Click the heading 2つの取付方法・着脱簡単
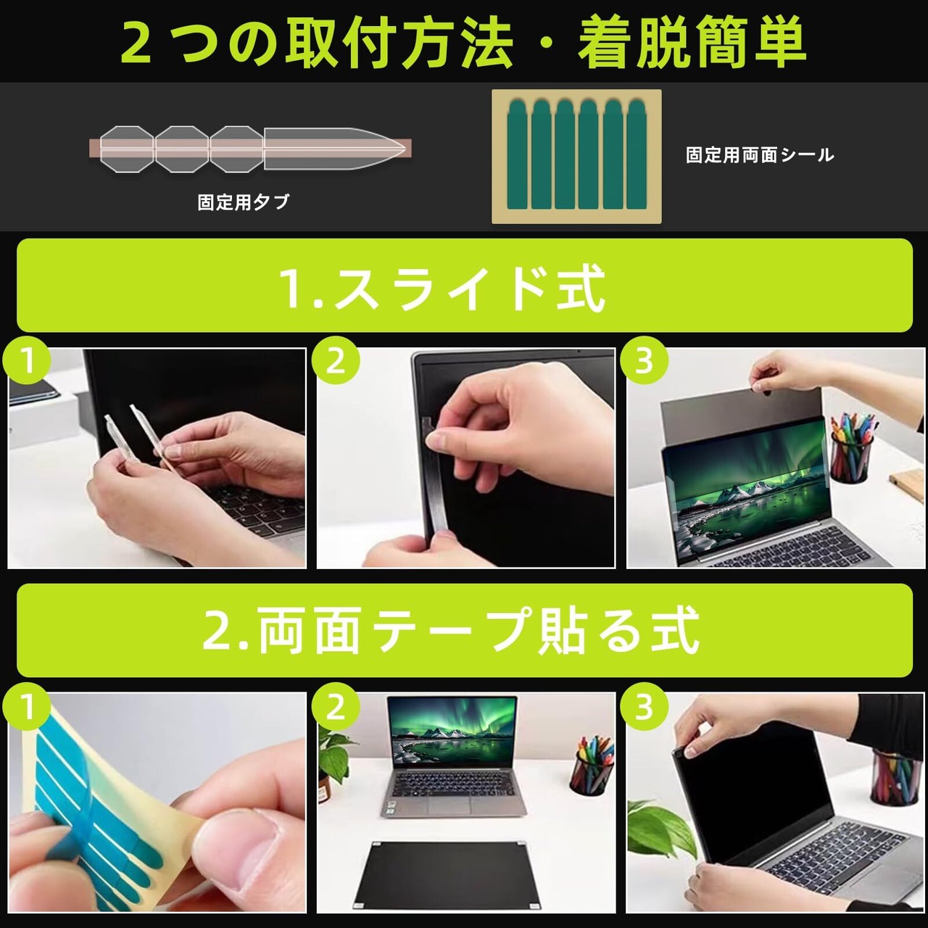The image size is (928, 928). tap(463, 42)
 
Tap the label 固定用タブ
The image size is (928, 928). tap(243, 202)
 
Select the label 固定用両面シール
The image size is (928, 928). tap(760, 154)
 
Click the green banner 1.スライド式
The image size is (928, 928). tap(465, 285)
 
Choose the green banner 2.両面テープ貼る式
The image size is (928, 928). tap(465, 630)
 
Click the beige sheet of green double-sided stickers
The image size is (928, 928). tap(576, 157)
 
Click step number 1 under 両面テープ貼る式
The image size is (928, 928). tap(27, 707)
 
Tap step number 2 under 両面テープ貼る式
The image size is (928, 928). tap(336, 707)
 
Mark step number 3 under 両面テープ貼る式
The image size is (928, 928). tap(644, 707)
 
